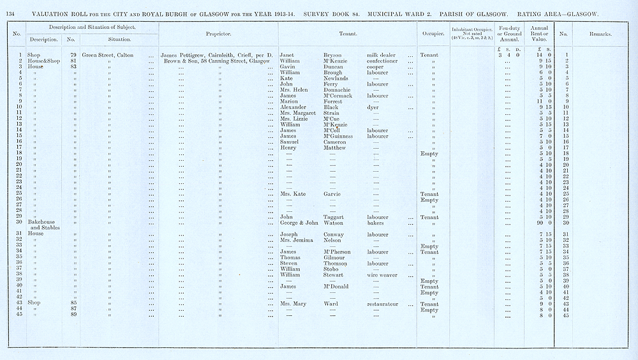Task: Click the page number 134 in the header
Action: click(x=11, y=9)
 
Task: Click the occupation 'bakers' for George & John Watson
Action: click(x=376, y=223)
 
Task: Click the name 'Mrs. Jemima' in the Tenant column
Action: click(x=297, y=240)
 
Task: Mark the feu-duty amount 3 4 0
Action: click(x=507, y=56)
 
